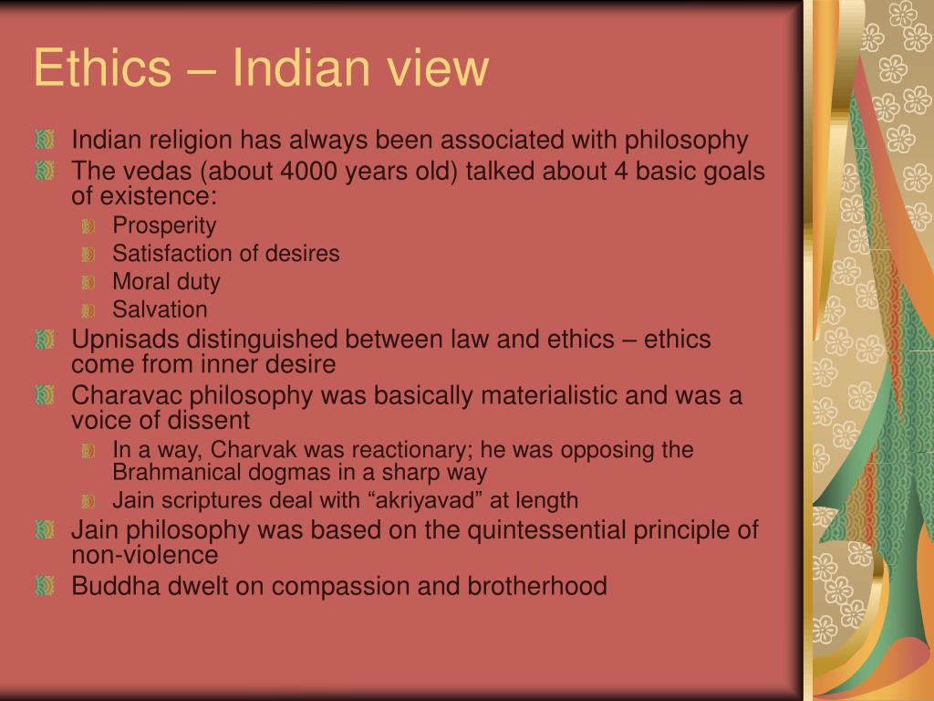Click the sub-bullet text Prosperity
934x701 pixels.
coord(164,225)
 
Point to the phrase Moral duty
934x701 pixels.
coord(166,281)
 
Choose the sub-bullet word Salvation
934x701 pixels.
coord(160,309)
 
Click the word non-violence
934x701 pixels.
coord(145,554)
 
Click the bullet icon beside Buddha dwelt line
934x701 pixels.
coord(45,585)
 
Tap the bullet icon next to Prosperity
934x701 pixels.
coord(88,225)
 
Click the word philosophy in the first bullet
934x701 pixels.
coord(687,141)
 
